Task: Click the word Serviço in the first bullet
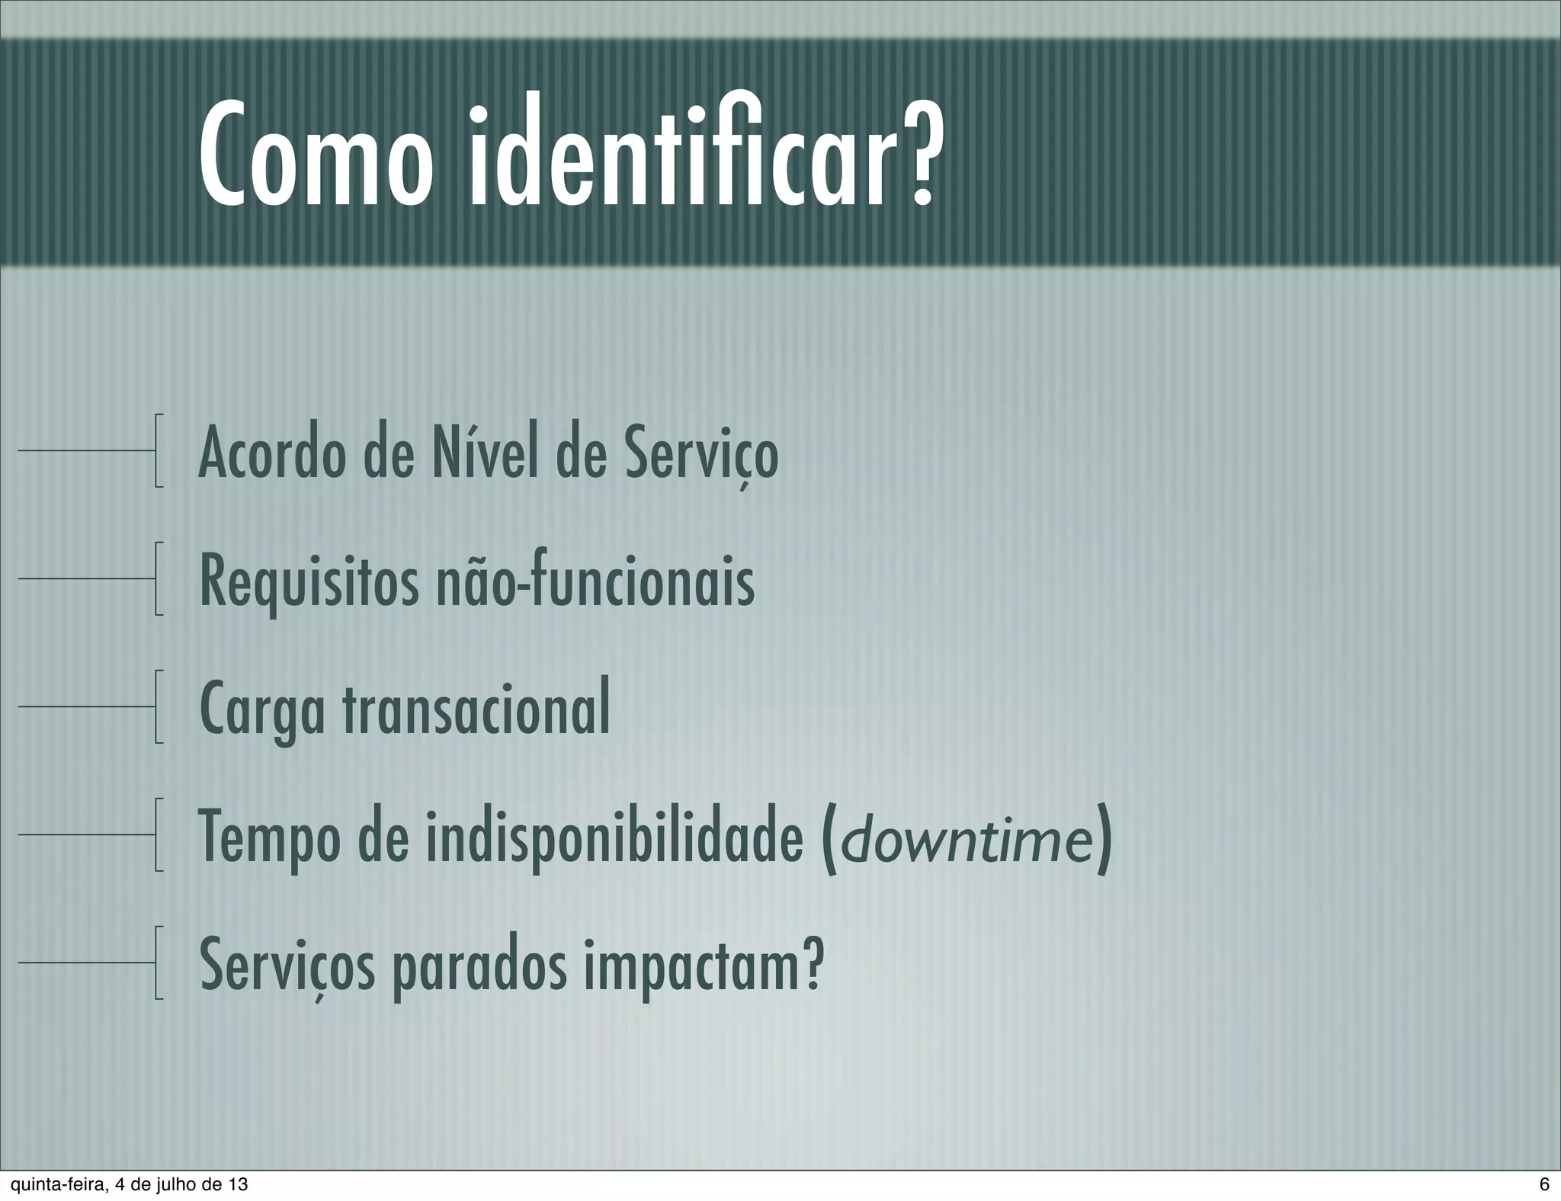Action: pyautogui.click(x=702, y=455)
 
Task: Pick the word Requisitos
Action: pyautogui.click(x=309, y=583)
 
